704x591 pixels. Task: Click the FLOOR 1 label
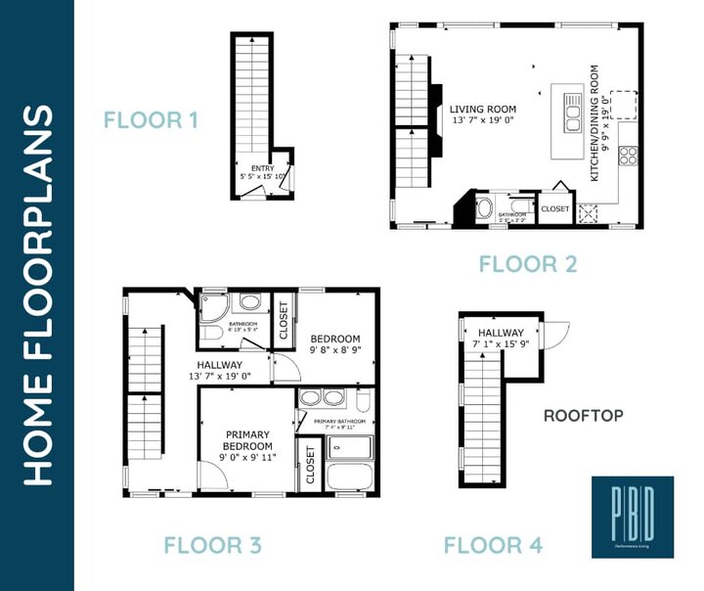(x=152, y=121)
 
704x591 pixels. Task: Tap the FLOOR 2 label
(x=528, y=263)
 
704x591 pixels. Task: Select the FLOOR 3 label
(x=212, y=545)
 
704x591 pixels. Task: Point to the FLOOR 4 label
(x=494, y=545)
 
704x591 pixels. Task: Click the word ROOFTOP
(x=584, y=416)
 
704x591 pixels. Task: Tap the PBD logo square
(x=632, y=517)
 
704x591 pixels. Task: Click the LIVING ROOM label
(x=483, y=110)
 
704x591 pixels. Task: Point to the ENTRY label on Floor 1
(x=262, y=168)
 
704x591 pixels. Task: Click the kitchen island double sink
(x=571, y=109)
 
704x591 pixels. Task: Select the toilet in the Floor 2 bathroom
(x=484, y=207)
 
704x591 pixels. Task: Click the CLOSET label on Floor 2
(x=554, y=208)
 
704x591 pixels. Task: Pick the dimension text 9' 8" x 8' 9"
(x=335, y=349)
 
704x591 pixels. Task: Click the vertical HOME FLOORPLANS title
(x=36, y=295)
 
